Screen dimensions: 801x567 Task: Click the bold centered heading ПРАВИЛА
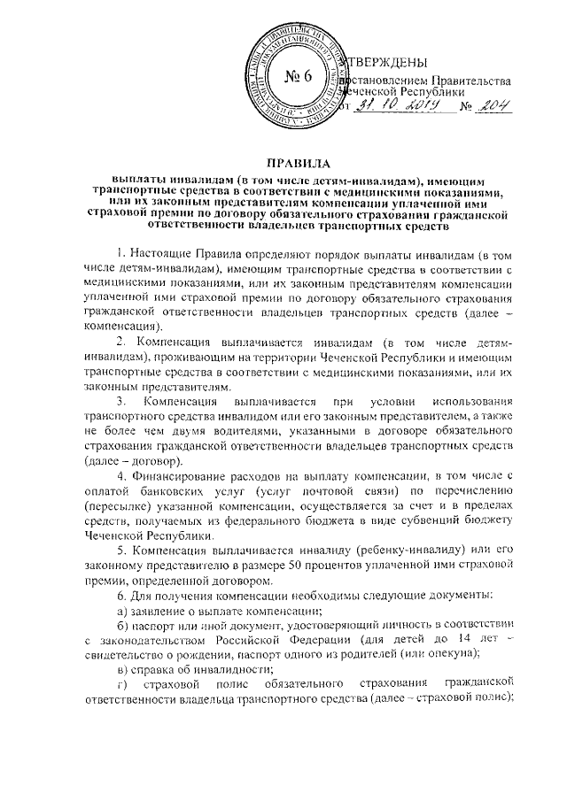[x=292, y=165]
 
